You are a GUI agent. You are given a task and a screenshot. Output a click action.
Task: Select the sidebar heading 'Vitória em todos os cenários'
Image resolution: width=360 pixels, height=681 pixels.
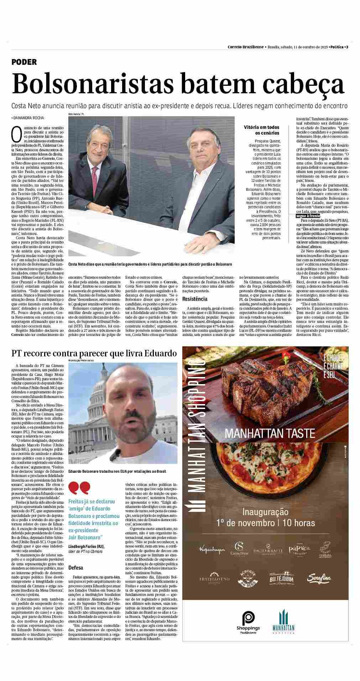coord(262,130)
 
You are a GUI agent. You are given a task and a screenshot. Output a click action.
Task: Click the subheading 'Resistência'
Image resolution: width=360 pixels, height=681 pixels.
coord(195,299)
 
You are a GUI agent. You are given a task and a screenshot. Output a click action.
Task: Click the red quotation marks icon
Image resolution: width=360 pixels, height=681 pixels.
coord(79,488)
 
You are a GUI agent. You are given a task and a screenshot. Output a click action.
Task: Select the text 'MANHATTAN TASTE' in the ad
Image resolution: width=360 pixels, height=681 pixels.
coord(270,433)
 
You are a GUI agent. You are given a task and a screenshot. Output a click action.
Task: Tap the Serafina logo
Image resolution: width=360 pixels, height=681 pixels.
coord(320,578)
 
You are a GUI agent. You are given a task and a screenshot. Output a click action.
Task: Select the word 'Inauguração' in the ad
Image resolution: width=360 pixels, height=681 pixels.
coord(265,512)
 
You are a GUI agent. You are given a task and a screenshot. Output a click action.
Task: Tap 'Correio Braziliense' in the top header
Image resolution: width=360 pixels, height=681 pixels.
coord(246,47)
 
